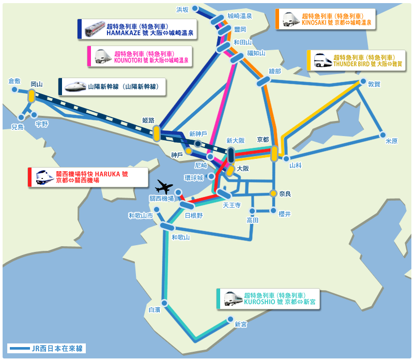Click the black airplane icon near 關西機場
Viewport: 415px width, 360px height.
tap(164, 185)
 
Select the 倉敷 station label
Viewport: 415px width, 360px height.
tap(15, 81)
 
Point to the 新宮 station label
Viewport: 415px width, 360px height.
tap(240, 324)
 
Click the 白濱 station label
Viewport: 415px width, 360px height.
tap(155, 310)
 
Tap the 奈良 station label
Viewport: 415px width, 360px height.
tap(285, 194)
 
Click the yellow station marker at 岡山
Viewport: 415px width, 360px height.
tap(32, 96)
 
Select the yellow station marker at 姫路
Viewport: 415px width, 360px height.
tap(157, 133)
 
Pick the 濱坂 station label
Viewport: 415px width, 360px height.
tap(183, 9)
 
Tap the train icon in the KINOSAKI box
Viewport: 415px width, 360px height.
tap(290, 19)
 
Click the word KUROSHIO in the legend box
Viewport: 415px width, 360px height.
tap(260, 301)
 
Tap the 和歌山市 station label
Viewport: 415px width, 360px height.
tap(141, 216)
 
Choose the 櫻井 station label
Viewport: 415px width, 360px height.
tap(285, 213)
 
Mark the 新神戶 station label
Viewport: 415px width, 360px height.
tap(198, 133)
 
